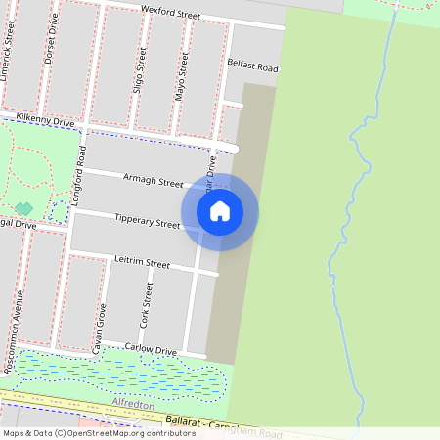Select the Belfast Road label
[252, 68]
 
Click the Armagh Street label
[154, 181]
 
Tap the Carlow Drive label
[151, 349]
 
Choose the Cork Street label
[148, 305]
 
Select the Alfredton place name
[135, 402]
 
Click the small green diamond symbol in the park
[22, 209]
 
